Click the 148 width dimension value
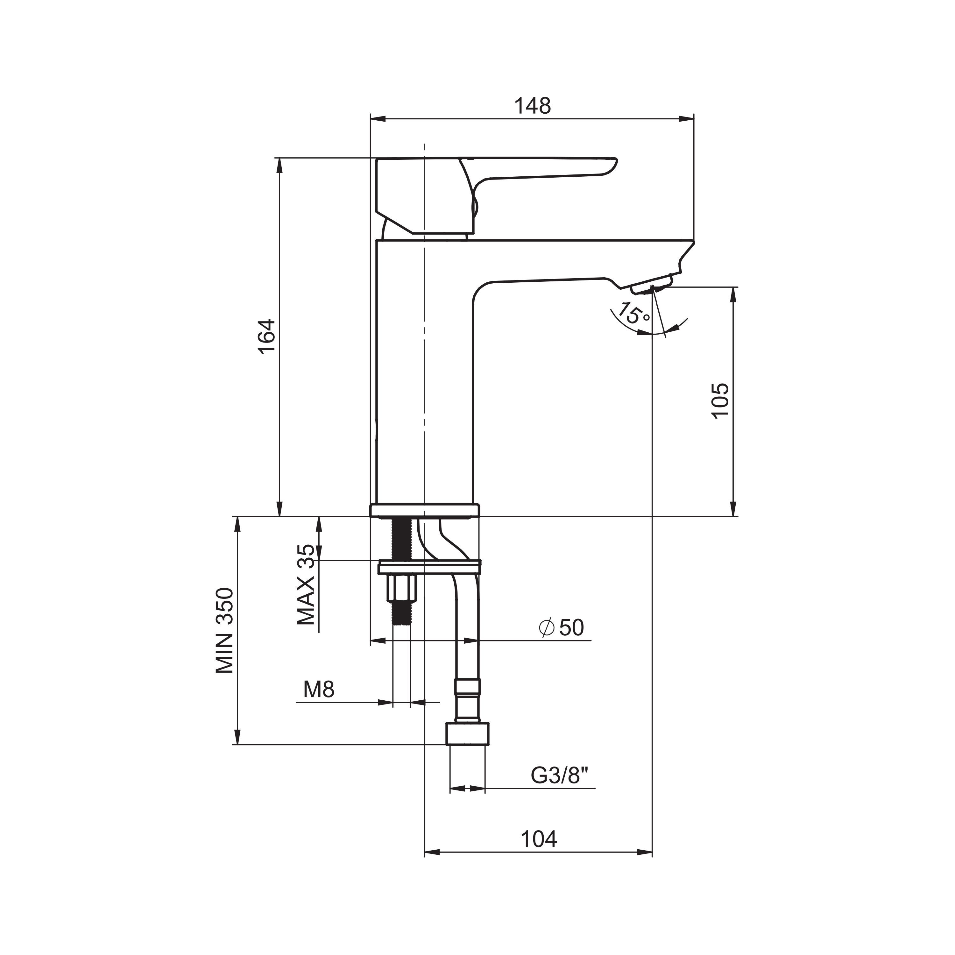(532, 106)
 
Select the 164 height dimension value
(267, 336)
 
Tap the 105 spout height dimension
(720, 400)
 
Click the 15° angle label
(634, 313)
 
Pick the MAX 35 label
(306, 585)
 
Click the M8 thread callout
(319, 689)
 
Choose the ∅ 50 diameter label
(562, 628)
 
